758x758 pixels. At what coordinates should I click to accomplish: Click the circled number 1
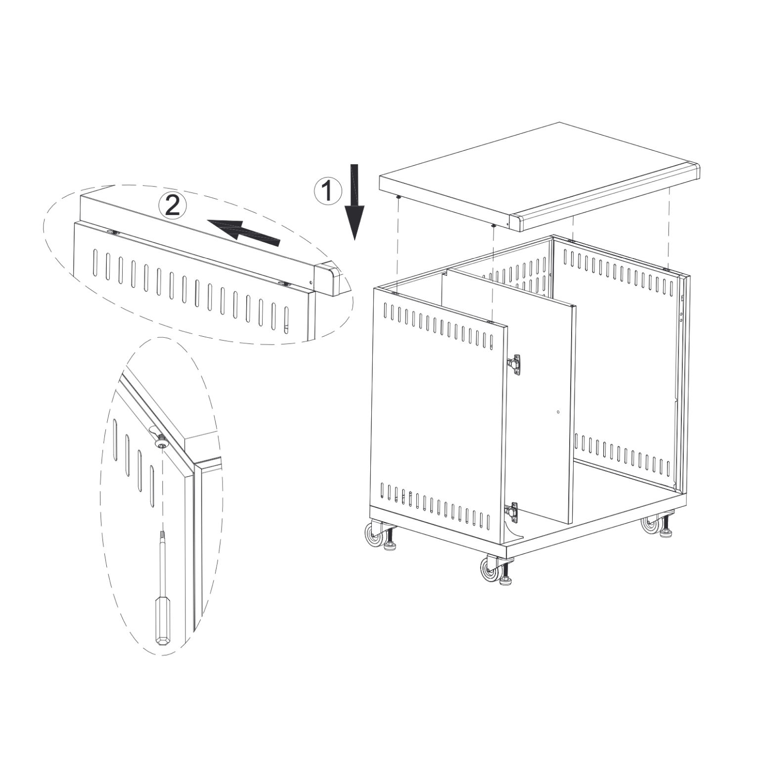point(327,190)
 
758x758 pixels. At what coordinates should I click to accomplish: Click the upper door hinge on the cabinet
point(514,364)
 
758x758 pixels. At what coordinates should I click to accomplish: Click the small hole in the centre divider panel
point(558,411)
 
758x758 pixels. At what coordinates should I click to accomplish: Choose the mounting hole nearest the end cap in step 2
point(284,284)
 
